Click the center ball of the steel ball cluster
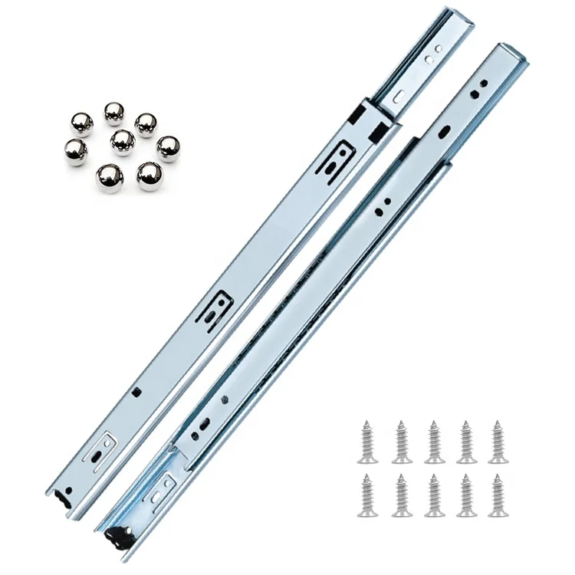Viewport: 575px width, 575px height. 123,140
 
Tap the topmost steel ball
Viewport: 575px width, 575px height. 114,113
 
